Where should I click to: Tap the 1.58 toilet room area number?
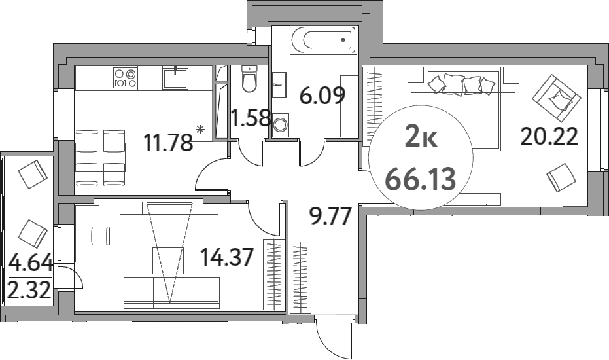[251, 118]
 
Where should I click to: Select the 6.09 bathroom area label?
[322, 97]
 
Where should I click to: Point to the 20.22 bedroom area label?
[549, 136]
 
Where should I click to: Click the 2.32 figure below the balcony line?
[29, 289]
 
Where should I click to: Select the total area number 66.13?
[420, 179]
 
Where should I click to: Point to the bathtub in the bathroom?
[322, 41]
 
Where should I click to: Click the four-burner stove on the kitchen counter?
[126, 79]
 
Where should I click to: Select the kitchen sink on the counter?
[175, 79]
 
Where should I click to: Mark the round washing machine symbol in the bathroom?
[281, 124]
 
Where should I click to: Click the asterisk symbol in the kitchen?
[200, 128]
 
